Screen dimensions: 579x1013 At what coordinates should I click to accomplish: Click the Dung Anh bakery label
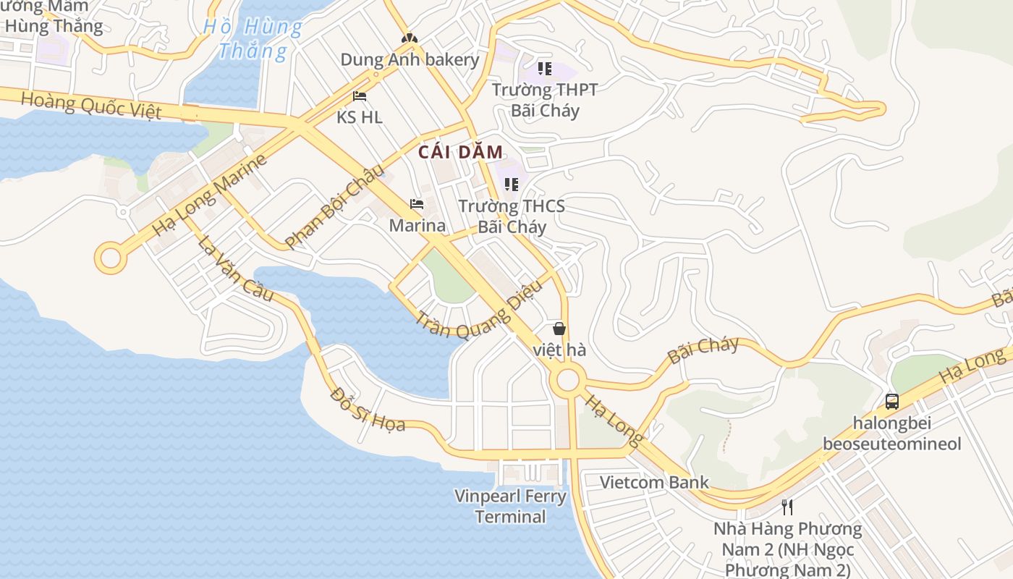click(x=410, y=59)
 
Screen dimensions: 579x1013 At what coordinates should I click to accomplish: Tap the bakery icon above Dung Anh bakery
click(x=410, y=38)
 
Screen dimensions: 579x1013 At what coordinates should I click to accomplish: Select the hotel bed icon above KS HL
click(x=360, y=96)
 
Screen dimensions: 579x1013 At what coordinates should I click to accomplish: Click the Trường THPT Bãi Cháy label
click(x=545, y=100)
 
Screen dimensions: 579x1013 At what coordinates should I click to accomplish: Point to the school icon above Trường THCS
click(x=512, y=185)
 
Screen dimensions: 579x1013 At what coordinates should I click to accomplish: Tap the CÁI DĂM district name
click(x=460, y=152)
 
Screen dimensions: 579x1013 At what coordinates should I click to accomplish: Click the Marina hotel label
click(x=417, y=225)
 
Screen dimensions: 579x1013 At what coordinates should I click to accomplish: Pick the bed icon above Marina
click(x=417, y=204)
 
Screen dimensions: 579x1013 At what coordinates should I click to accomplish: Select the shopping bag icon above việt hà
click(x=559, y=329)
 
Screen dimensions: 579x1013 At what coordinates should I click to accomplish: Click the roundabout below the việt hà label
click(x=567, y=379)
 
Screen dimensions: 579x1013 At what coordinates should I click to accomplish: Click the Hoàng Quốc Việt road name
click(x=90, y=106)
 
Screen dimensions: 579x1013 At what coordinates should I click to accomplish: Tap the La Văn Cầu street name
click(x=236, y=269)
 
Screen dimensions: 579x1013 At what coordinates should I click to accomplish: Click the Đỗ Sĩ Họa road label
click(x=367, y=409)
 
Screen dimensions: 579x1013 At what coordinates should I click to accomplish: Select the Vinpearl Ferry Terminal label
click(x=510, y=506)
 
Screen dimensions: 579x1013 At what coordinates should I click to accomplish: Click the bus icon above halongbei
click(x=892, y=401)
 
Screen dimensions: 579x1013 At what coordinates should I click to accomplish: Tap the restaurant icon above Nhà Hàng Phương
click(x=787, y=507)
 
